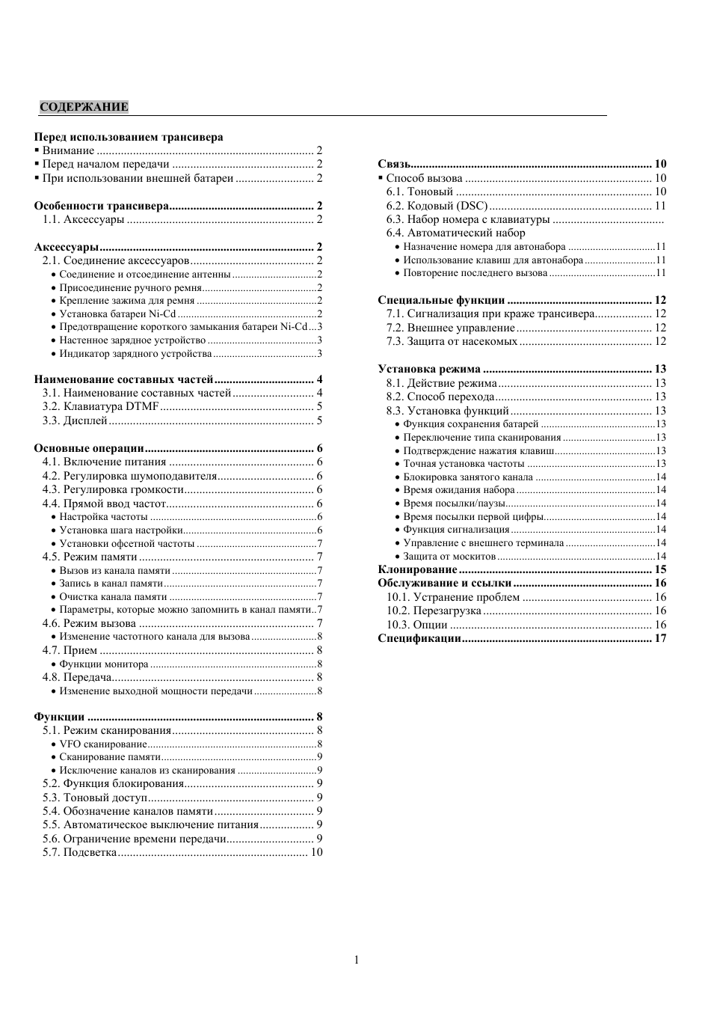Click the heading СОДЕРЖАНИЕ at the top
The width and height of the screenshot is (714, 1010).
[x=84, y=107]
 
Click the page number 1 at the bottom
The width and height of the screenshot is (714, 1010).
[x=357, y=960]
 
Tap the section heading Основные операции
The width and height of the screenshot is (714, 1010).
[x=89, y=448]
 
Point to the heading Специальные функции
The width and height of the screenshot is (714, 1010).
[x=441, y=300]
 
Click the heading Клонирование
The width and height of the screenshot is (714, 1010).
[x=417, y=569]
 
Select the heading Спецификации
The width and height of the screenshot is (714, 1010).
[x=419, y=638]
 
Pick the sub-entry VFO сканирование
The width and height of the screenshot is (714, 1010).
[x=103, y=744]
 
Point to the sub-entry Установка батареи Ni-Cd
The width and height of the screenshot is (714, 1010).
[x=117, y=313]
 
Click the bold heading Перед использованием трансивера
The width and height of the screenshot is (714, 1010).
[x=129, y=137]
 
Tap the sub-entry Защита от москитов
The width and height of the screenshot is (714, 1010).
[x=449, y=557]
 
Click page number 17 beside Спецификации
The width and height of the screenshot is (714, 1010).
[x=660, y=638]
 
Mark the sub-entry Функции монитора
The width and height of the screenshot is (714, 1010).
[x=104, y=664]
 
